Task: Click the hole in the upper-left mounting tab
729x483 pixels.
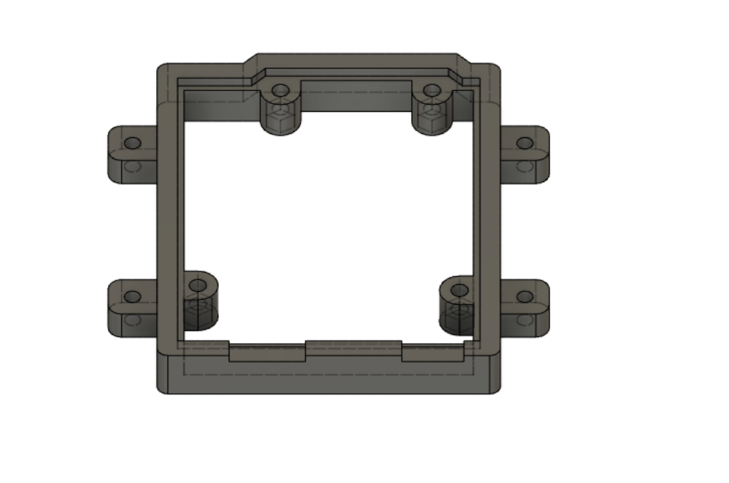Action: tap(133, 143)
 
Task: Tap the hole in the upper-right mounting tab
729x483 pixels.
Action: tap(525, 143)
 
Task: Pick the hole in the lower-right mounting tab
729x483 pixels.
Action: tap(525, 296)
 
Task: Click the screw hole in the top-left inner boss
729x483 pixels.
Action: tap(280, 90)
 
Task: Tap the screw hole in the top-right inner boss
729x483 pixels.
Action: tap(432, 90)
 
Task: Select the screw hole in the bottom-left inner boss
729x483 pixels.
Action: tap(197, 286)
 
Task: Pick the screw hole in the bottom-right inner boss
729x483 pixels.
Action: tap(459, 290)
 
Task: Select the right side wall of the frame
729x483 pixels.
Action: tap(487, 221)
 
